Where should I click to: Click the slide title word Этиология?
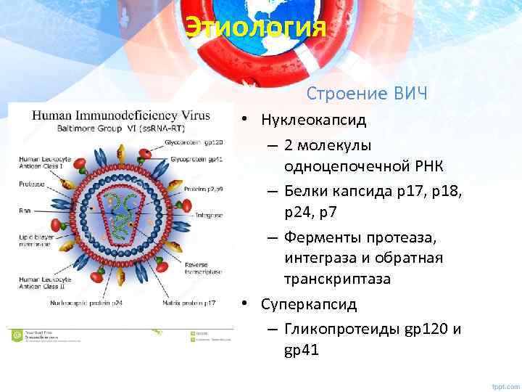256,28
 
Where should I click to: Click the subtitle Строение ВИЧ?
367,94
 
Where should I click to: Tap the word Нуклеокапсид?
314,120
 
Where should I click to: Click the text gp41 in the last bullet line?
302,351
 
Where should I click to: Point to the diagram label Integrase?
209,216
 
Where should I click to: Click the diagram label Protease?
30,184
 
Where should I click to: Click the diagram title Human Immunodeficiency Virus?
120,115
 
